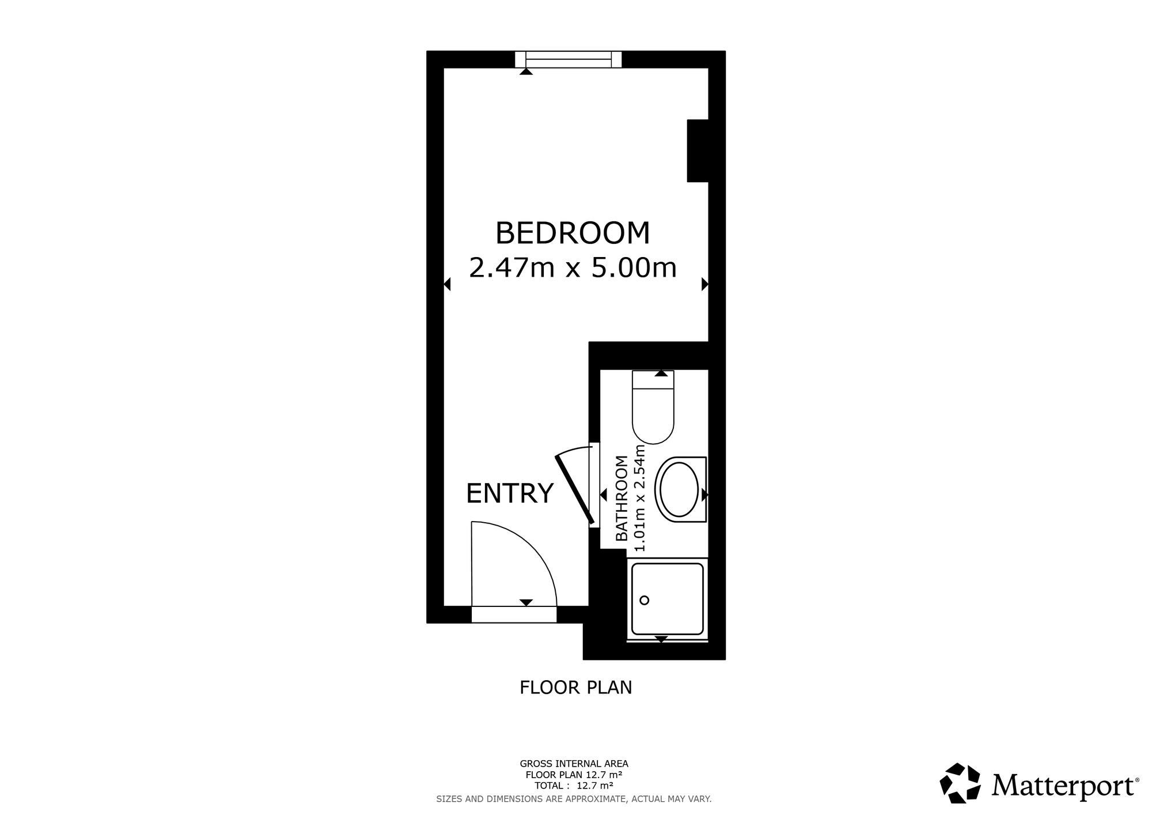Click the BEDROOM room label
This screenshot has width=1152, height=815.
[x=573, y=233]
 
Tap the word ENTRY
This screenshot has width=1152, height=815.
[x=509, y=493]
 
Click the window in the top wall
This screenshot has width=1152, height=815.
[x=568, y=59]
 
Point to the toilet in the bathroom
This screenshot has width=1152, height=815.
[x=653, y=409]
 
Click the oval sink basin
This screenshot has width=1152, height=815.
[x=680, y=489]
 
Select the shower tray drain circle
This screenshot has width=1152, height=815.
[x=645, y=600]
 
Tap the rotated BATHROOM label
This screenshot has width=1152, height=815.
[x=622, y=499]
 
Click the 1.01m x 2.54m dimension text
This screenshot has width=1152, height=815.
[x=639, y=499]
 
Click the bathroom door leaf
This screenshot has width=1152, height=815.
[x=574, y=490]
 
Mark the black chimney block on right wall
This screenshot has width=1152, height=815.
[x=698, y=150]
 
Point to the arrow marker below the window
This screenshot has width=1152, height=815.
[x=526, y=71]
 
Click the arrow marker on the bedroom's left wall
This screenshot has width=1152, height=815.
[x=447, y=284]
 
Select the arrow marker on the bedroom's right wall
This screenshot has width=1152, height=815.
[x=704, y=284]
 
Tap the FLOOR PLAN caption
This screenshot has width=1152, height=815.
[x=575, y=688]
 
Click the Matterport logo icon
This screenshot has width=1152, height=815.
[x=960, y=783]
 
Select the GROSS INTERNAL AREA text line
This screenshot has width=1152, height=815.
[x=574, y=764]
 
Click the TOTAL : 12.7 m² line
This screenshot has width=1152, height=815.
[x=574, y=786]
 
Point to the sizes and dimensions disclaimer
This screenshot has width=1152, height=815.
[x=574, y=799]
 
